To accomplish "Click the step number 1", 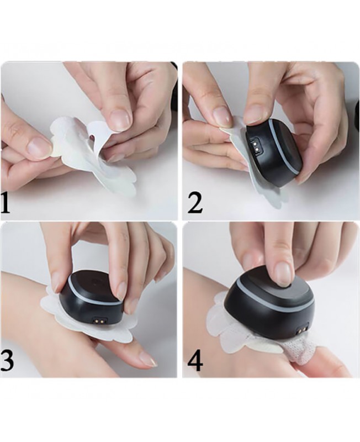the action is [5, 203].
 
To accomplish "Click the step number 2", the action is [195, 202].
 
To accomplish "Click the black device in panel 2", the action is [273, 153].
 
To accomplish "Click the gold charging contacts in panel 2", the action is [256, 145].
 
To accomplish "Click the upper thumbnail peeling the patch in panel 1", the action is [119, 118].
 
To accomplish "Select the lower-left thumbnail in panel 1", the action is [39, 147].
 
